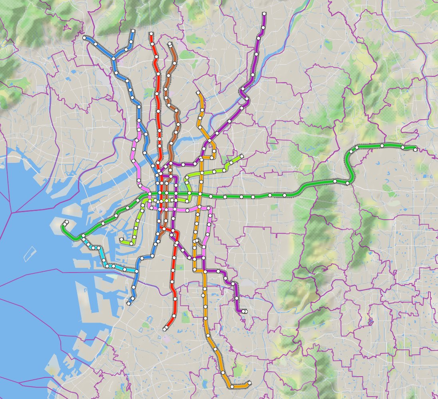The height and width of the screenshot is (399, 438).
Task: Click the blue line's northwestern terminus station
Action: click(85, 38)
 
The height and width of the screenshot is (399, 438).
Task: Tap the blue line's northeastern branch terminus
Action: click(133, 31)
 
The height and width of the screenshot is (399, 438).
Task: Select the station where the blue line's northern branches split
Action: click(113, 59)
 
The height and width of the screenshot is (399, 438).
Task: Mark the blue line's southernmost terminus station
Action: click(129, 304)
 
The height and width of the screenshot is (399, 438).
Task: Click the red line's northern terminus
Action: click(151, 34)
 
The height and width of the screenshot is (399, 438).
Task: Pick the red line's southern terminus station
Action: click(165, 329)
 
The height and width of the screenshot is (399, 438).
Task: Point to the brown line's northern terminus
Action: click(170, 44)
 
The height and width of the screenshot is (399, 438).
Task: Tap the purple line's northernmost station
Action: click(265, 14)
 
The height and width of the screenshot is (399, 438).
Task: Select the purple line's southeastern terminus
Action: click(245, 311)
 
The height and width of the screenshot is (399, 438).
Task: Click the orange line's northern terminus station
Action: click(198, 93)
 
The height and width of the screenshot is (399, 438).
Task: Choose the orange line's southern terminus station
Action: click(249, 383)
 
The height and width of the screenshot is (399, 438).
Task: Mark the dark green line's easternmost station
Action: click(415, 150)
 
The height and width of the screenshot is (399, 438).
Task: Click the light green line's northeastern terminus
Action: click(242, 156)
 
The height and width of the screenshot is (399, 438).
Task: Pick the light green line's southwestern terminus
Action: click(121, 239)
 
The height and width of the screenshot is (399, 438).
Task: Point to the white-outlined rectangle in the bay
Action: click(30, 254)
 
